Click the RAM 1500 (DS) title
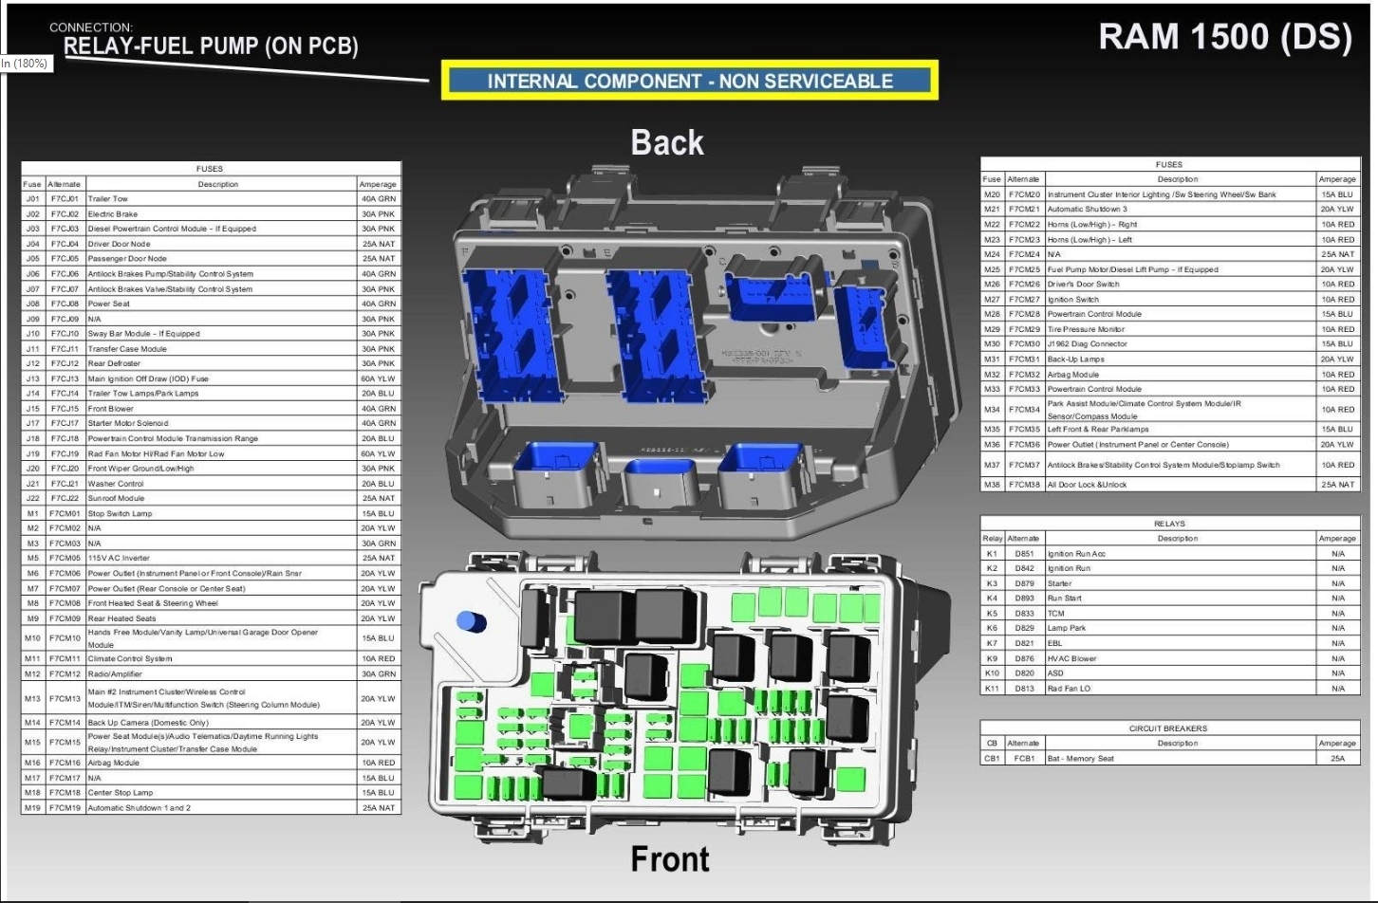[1224, 37]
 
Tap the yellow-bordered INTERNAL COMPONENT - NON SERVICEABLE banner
[690, 81]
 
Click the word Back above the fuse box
[667, 143]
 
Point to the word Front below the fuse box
[670, 859]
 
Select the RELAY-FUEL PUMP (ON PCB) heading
[211, 46]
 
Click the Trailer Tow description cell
[108, 199]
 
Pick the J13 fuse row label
[33, 378]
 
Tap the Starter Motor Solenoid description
[128, 423]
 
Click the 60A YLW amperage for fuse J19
[378, 453]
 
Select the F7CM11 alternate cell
[65, 658]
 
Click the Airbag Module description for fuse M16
[114, 763]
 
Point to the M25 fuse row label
[992, 269]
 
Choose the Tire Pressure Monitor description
[1086, 329]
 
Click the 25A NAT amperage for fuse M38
[1337, 485]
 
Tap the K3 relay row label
[992, 583]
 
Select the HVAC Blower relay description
[1071, 658]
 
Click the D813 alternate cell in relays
[1024, 689]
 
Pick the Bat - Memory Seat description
[1081, 759]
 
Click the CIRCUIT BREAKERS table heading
[1168, 728]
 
